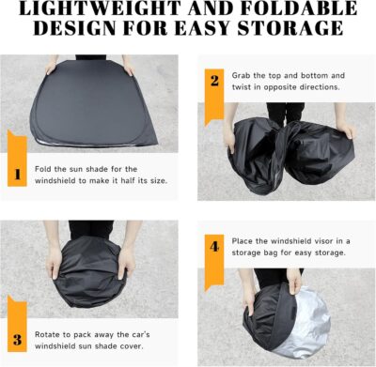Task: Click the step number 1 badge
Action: point(17,174)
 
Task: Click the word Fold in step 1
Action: point(46,168)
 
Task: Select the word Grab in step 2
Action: point(242,74)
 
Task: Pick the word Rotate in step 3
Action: point(51,332)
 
